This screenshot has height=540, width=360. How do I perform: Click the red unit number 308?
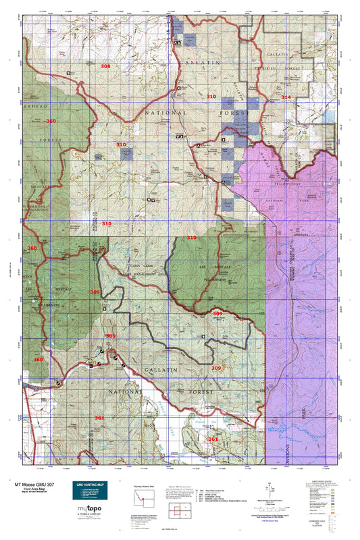tap(105, 66)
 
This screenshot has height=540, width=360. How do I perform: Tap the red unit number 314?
tap(286, 97)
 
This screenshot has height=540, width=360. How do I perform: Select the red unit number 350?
tap(51, 121)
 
